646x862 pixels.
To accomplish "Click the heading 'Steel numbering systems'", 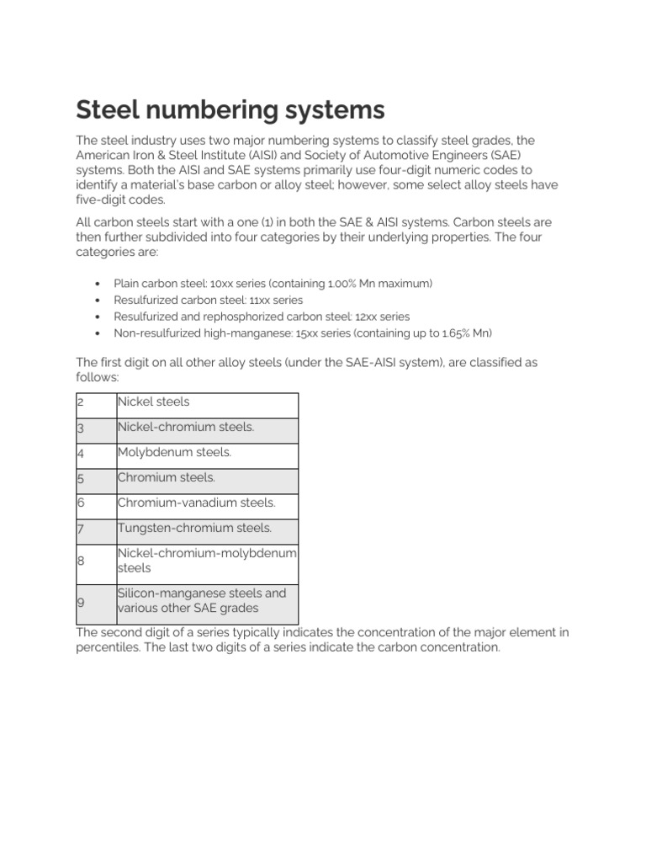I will pos(230,109).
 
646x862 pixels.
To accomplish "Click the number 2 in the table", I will pos(81,402).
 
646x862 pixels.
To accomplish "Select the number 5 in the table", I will pos(81,478).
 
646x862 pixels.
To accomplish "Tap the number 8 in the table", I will pos(81,561).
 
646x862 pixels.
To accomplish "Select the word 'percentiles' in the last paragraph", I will pos(109,648).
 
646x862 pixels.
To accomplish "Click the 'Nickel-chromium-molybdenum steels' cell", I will pos(207,561).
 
